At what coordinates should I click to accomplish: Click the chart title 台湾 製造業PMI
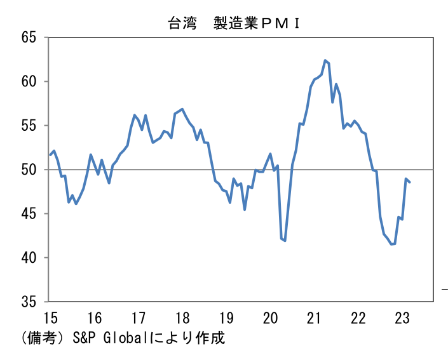(234, 23)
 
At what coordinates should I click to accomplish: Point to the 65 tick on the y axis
(29, 37)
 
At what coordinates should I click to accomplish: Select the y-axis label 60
(29, 81)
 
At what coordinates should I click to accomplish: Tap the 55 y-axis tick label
(29, 125)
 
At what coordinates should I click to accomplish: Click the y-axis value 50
(29, 170)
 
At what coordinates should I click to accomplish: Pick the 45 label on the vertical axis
(29, 213)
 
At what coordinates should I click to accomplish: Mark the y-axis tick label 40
(29, 258)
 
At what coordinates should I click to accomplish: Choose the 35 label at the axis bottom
(29, 302)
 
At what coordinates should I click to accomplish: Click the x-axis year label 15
(50, 317)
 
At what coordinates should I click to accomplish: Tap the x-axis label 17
(139, 317)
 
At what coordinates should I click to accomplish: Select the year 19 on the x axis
(226, 317)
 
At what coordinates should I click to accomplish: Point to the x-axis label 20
(270, 317)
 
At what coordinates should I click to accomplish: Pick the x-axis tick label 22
(358, 317)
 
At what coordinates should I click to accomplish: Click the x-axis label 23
(402, 317)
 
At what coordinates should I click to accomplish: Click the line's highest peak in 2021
(325, 60)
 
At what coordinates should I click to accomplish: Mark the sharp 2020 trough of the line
(285, 241)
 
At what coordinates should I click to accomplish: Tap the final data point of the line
(410, 182)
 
